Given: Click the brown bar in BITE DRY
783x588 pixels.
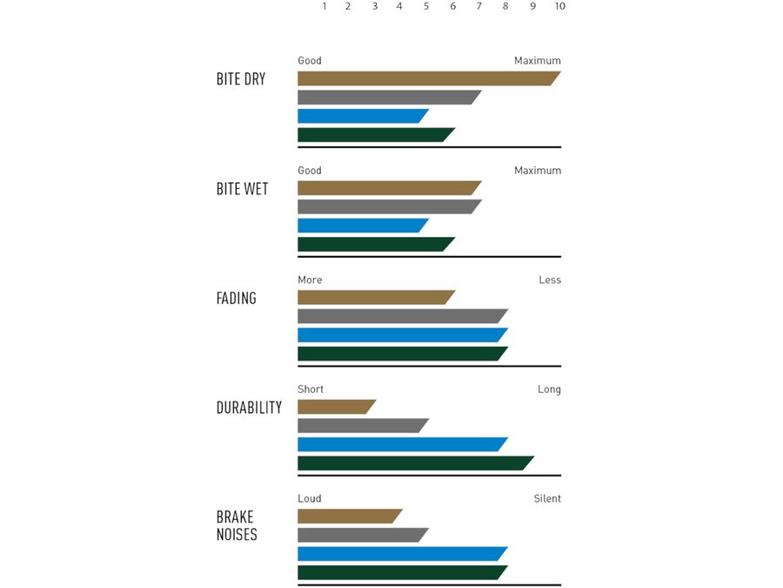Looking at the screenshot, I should point(426,78).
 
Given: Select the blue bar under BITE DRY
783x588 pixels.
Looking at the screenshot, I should point(361,116).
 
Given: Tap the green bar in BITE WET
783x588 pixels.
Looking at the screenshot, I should point(374,244).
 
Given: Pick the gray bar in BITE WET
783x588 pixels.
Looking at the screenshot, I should point(387,206).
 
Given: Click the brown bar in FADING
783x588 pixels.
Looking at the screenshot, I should point(374,297).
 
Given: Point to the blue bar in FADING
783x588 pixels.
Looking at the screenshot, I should point(400,335).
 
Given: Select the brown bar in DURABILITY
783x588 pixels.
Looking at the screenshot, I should point(335,407).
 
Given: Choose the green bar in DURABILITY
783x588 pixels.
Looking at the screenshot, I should point(413,463).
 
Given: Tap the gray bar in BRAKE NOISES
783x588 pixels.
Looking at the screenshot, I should point(361,535).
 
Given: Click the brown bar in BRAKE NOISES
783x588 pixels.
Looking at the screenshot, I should point(348,516).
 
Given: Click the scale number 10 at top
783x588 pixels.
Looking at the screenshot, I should point(559,6).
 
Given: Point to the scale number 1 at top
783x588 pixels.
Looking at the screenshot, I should point(325,6).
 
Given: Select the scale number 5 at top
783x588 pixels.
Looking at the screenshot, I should point(426,6).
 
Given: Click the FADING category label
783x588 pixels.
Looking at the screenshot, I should point(237,298).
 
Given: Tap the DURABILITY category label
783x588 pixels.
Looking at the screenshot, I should point(249,408).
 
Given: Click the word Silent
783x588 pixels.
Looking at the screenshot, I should point(547,498).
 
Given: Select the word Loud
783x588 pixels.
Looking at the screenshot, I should point(310,498).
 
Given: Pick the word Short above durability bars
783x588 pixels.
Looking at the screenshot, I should point(310,389).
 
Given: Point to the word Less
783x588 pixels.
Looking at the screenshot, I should point(550,280).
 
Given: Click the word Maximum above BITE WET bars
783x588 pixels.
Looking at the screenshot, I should point(537,171).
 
